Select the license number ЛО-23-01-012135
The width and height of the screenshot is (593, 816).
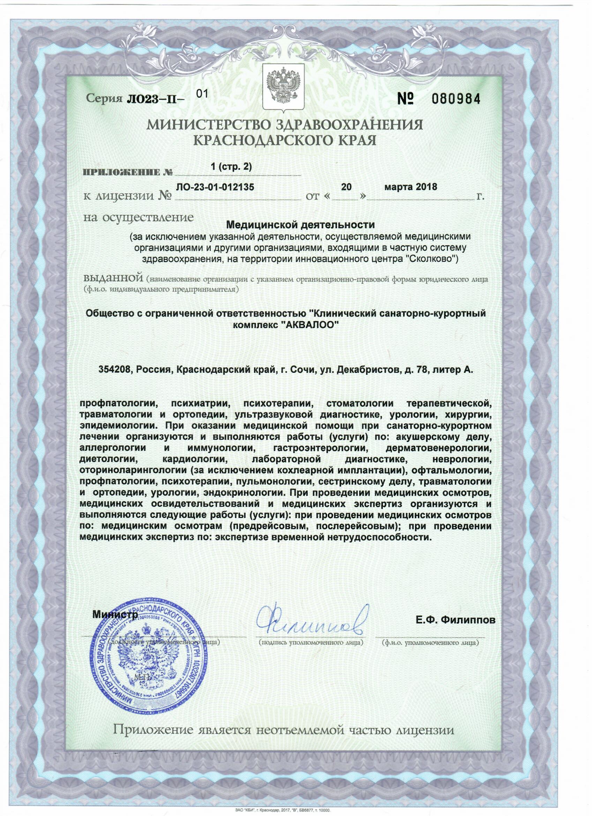tap(215, 187)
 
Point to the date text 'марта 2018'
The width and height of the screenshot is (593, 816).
tap(411, 187)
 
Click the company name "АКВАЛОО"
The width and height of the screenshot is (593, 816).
tap(310, 325)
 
